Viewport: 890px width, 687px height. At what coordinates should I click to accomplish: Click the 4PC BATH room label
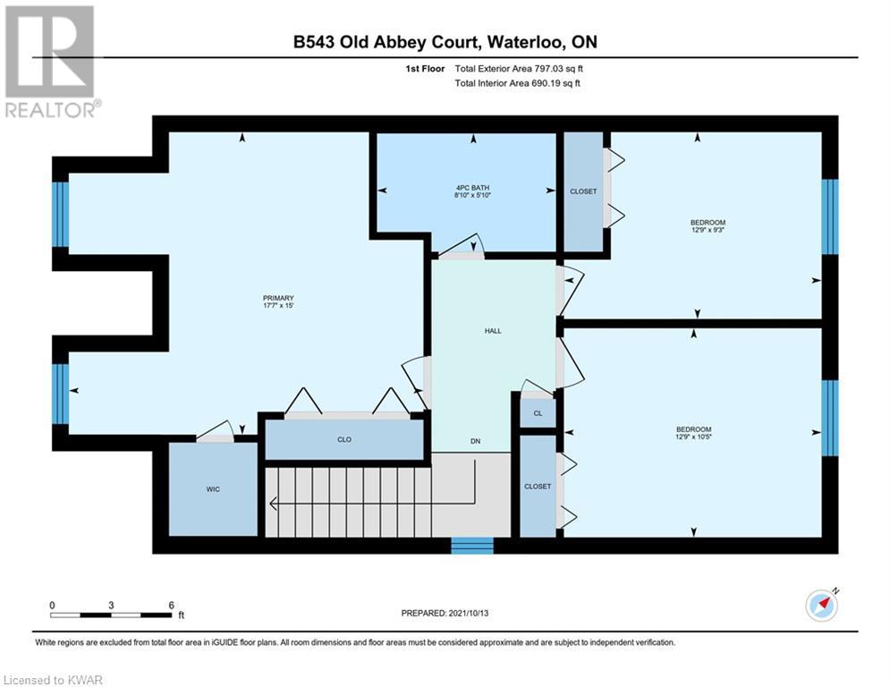pos(472,187)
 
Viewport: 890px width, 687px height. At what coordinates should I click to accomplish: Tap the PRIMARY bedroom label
pos(278,298)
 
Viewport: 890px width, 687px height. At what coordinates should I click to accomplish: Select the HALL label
pos(493,330)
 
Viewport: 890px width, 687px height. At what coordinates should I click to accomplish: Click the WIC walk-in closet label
pos(213,489)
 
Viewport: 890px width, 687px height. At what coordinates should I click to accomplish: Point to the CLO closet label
pos(344,439)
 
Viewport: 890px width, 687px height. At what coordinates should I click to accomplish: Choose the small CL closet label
pos(538,413)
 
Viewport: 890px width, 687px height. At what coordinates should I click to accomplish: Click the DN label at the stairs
pos(475,441)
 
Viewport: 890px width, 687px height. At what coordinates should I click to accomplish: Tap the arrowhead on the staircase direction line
pos(273,503)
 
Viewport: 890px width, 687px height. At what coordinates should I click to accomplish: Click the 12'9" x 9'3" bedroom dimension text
pos(708,230)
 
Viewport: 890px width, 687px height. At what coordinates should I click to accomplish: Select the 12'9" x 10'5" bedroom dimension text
pos(693,437)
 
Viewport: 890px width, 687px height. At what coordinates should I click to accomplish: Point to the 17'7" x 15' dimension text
pos(278,305)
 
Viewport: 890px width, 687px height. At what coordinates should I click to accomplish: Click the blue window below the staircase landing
pos(472,546)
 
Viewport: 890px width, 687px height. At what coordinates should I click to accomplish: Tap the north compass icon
pos(821,606)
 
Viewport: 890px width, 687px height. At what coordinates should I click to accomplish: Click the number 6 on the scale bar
pos(172,606)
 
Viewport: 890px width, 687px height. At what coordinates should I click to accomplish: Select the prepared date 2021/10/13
pos(469,613)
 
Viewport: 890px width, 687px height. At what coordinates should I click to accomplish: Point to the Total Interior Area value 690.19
pos(546,83)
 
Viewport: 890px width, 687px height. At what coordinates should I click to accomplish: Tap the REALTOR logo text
pos(50,110)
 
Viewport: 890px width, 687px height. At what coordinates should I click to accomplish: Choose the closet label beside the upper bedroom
pos(583,191)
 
